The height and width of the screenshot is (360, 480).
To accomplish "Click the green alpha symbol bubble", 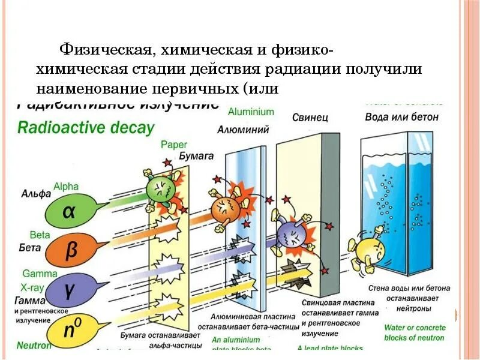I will coord(71,211).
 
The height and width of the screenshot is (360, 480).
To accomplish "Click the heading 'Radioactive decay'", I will coord(86,128).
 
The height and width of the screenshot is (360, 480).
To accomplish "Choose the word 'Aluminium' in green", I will coord(251,112).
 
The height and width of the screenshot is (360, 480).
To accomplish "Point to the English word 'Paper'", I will coord(174,145).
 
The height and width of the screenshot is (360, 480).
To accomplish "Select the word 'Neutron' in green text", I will coord(34,346).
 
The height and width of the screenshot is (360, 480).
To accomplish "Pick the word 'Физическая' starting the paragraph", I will coord(96,48).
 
